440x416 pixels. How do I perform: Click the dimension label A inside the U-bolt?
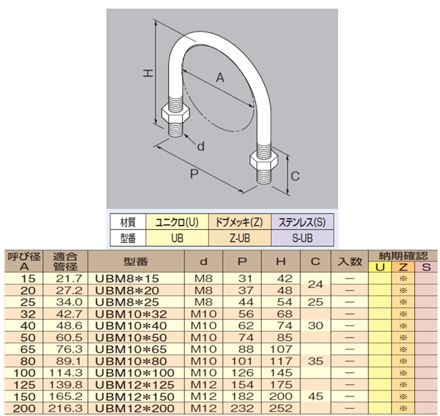point(220,78)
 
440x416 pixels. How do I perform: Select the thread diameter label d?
point(201,146)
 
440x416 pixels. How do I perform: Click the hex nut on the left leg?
point(175,115)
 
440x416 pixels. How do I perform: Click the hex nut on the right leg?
point(265,157)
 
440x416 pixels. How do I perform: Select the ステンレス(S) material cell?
point(301,222)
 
